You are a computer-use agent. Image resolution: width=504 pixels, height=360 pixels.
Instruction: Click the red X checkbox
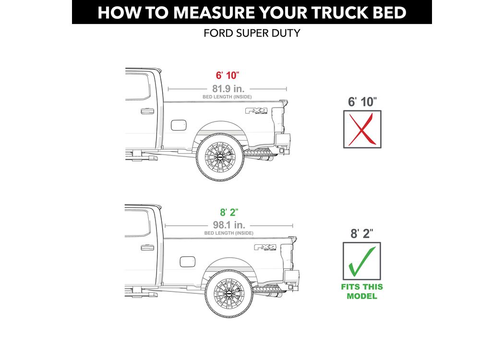[x=362, y=129]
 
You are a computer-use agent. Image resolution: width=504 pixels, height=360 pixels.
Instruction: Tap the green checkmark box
[x=361, y=261]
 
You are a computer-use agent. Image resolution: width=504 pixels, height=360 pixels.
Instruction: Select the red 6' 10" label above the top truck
[x=227, y=75]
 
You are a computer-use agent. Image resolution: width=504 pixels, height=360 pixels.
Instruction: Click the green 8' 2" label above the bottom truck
[x=229, y=213]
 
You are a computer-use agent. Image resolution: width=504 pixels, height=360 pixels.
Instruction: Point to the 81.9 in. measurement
[x=228, y=88]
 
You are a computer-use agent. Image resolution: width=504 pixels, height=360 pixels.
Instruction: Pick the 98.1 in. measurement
[x=229, y=225]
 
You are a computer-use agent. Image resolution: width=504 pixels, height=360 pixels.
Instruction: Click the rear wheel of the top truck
[x=220, y=157]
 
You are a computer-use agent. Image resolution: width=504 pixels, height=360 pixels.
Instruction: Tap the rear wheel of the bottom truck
[x=229, y=294]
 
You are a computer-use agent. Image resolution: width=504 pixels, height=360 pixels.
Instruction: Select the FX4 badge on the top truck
[x=256, y=111]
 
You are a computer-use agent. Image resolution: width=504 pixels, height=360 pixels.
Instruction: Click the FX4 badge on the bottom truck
[x=265, y=247]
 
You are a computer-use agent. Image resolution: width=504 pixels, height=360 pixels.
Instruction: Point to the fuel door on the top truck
[x=179, y=125]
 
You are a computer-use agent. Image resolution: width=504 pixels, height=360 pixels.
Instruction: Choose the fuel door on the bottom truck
[x=187, y=262]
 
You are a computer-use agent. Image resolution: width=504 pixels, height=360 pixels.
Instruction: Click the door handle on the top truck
[x=147, y=111]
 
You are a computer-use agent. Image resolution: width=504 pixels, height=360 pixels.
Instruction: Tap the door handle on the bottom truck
[x=147, y=248]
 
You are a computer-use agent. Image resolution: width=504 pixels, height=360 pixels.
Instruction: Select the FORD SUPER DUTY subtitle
[x=252, y=33]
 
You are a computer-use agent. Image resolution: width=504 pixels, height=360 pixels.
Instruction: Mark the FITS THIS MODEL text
[x=362, y=291]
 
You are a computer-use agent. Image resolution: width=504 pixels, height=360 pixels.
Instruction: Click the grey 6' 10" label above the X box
[x=362, y=102]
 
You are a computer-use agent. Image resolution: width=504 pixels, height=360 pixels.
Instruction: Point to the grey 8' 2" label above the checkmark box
[x=362, y=234]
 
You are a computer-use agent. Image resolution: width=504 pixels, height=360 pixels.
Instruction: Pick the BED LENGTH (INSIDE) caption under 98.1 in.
[x=229, y=233]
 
